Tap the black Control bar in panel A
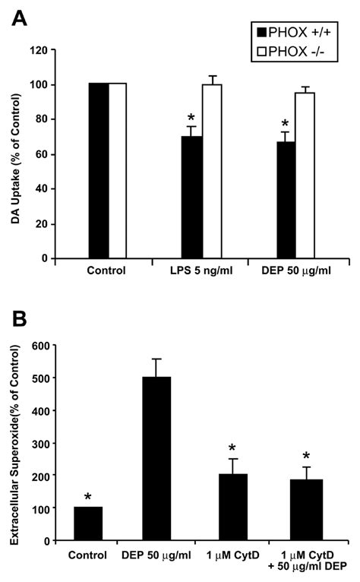[x=99, y=171]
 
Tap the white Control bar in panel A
[x=117, y=171]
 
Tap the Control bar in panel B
[x=88, y=523]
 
